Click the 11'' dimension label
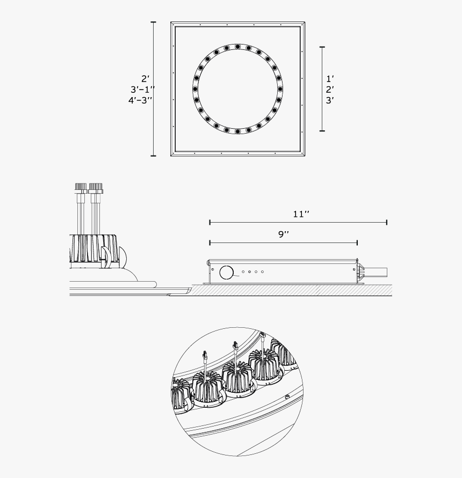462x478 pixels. click(301, 214)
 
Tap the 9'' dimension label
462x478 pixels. click(283, 234)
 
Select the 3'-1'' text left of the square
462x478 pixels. click(142, 89)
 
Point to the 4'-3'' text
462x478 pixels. click(140, 100)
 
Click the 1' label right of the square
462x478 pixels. click(329, 78)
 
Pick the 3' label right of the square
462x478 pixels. click(329, 100)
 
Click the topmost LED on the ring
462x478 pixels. click(237, 47)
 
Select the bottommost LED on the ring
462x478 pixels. click(237, 131)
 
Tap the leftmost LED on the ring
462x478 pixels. click(196, 89)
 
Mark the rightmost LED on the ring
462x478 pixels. click(279, 89)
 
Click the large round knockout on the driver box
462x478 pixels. click(227, 272)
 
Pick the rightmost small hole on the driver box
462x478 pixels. click(263, 272)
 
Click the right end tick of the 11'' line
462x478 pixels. click(387, 222)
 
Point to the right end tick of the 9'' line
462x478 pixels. click(358, 242)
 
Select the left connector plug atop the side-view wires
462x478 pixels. click(81, 188)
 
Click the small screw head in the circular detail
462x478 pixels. click(287, 397)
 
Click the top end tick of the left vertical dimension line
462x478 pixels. click(154, 23)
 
